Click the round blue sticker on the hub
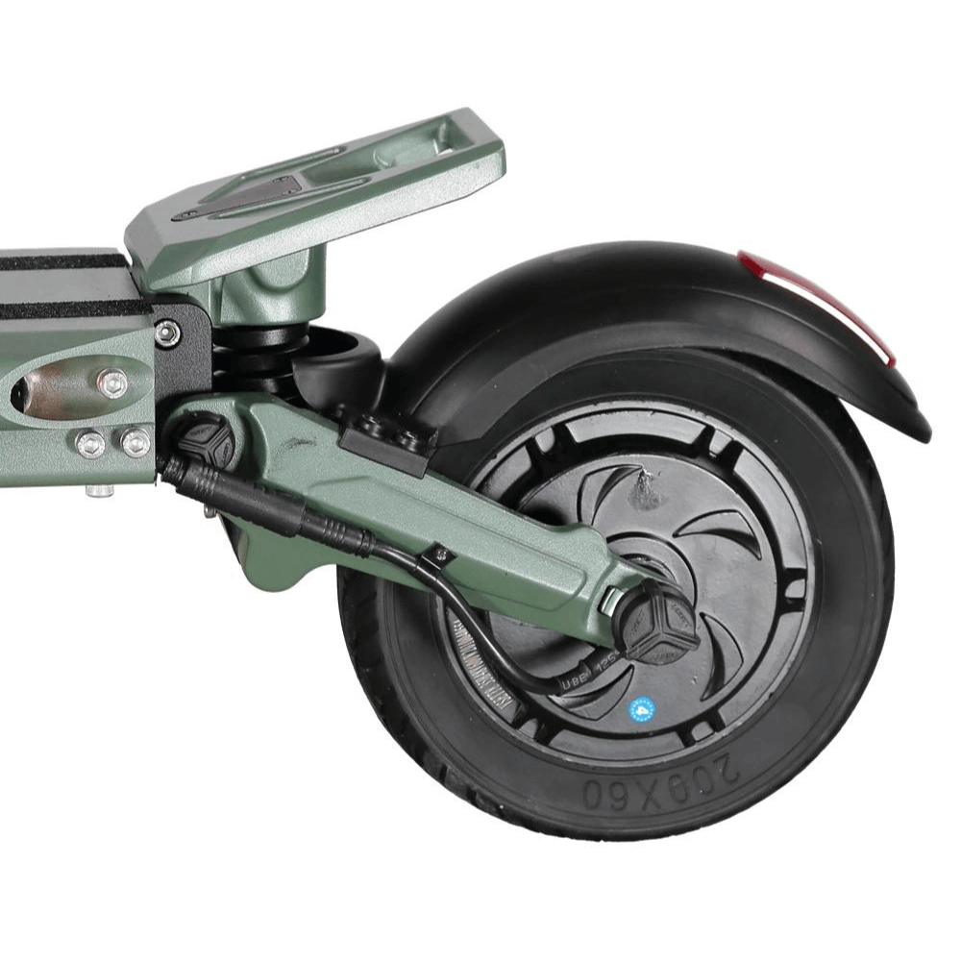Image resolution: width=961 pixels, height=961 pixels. [641, 709]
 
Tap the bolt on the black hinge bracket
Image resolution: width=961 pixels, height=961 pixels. [168, 333]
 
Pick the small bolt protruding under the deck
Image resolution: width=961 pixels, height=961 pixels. [99, 490]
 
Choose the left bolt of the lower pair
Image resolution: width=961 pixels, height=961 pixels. [90, 443]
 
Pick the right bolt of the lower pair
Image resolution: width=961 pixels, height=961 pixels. [136, 442]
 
